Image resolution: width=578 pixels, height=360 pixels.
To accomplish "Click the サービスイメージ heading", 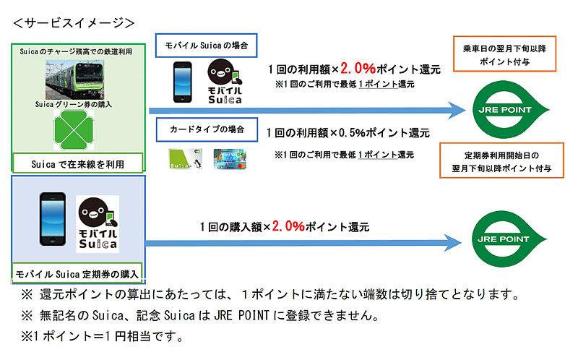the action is coord(74,23).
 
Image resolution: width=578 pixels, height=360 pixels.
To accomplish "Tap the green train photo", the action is coord(74,80).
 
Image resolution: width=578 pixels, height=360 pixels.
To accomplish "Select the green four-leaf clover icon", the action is coord(74,130).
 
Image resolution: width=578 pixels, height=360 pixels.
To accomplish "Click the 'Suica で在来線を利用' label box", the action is coord(78,163).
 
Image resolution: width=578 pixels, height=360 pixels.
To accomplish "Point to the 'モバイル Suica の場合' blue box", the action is coord(206,46).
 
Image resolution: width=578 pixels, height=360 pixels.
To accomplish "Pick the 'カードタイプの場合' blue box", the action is coord(207,129).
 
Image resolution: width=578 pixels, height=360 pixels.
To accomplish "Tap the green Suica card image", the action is coord(185,158).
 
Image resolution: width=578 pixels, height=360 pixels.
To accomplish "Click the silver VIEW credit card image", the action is coord(230,158).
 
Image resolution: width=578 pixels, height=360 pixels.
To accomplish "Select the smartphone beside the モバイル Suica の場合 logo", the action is coord(183,82).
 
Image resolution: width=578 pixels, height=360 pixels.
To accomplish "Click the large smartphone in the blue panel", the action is coord(53,219).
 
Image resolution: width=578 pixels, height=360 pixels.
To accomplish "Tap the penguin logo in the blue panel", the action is coord(98,224).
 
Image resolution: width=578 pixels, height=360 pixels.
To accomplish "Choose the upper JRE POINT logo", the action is coord(510,110).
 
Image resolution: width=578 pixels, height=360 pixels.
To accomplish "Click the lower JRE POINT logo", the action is coord(509,239).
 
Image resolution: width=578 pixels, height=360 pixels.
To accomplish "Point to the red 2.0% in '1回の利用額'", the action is coord(358,68).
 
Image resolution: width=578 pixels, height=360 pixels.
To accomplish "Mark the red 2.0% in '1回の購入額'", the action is coord(288,226).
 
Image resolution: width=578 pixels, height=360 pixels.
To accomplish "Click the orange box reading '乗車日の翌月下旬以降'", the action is coord(504,53).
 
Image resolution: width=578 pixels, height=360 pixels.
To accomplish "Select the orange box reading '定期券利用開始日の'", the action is coord(501,160).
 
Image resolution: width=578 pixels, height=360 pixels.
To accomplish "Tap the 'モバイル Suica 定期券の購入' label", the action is coord(77,274).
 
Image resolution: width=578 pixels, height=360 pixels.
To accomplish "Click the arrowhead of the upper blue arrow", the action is coord(457,111).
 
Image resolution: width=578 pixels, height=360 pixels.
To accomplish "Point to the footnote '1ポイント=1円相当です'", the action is coord(102,336).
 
